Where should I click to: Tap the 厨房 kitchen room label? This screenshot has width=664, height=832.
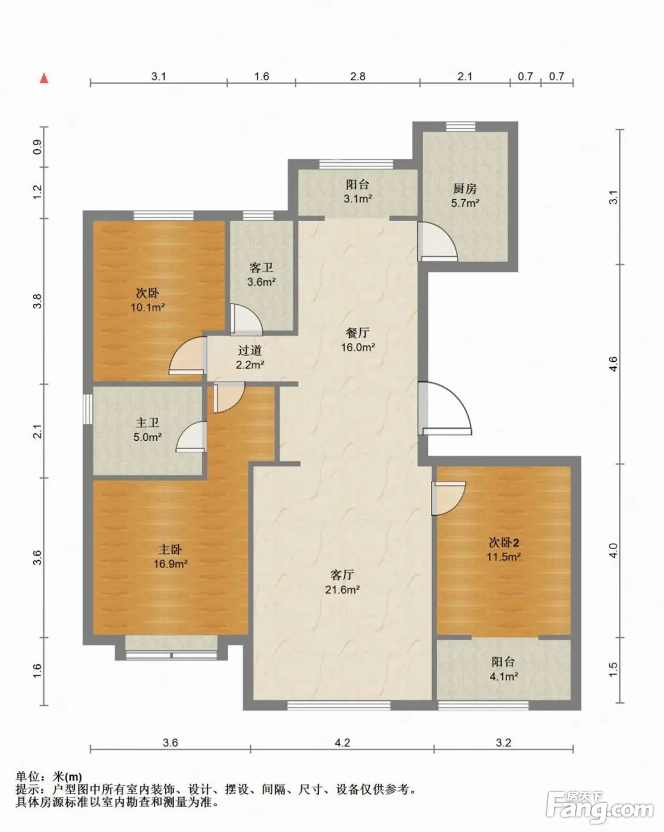point(465,188)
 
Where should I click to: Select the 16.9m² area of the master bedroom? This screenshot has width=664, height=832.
point(171,564)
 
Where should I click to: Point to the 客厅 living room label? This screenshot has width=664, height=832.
point(342,575)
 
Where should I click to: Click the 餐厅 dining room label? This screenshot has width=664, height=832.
point(358,332)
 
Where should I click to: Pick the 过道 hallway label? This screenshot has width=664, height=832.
point(250,350)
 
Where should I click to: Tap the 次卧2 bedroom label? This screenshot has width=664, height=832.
point(504,543)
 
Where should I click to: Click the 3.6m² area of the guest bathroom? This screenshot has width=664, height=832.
point(262,282)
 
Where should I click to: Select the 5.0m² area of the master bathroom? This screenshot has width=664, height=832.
point(147,437)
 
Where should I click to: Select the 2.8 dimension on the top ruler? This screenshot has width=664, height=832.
point(358,76)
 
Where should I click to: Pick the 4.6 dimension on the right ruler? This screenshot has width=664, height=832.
point(613,364)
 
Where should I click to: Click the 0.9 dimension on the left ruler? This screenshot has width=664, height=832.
point(37,147)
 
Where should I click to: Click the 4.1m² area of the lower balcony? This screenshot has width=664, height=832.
point(504,676)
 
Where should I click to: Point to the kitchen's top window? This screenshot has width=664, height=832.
point(460,127)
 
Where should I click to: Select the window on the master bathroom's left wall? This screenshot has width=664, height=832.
point(88,409)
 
